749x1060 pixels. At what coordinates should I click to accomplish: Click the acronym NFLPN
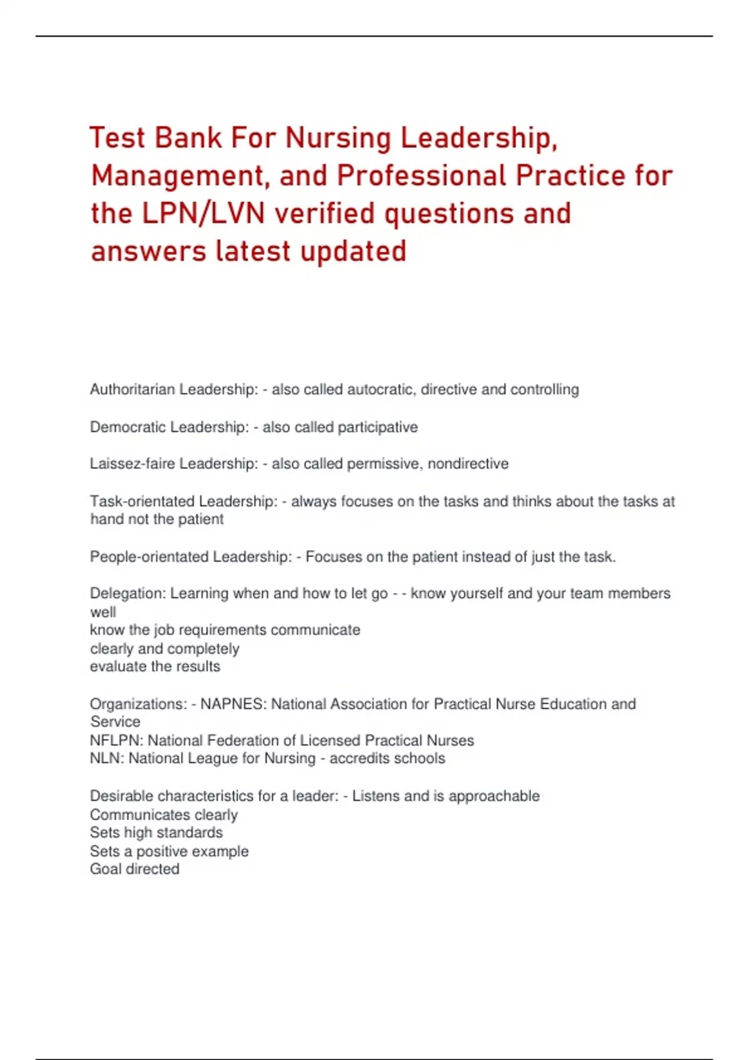[116, 741]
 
